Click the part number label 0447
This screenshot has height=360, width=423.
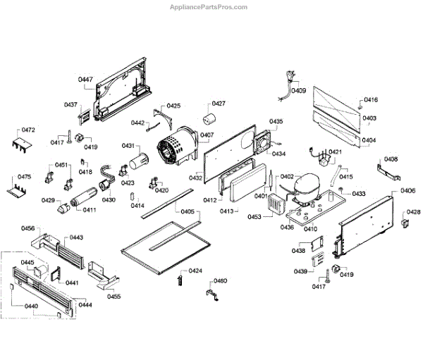(x=85, y=80)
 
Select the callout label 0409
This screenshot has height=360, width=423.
(x=299, y=91)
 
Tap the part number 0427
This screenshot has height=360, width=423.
(x=219, y=104)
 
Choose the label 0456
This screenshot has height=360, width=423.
(x=28, y=228)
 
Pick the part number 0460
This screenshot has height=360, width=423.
(x=221, y=281)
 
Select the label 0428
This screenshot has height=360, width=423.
(x=413, y=212)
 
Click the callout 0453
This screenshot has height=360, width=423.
(x=255, y=217)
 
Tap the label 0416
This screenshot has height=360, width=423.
(x=371, y=100)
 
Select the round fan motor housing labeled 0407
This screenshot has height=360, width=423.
(x=176, y=148)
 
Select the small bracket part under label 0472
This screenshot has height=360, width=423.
(x=23, y=144)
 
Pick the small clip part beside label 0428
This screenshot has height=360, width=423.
(x=405, y=224)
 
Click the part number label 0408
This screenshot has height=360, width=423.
(x=391, y=160)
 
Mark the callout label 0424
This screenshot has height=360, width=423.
(x=195, y=271)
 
